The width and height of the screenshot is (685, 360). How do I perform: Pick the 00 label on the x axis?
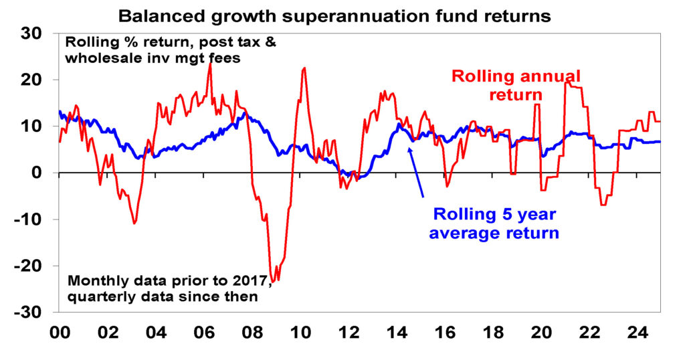59,333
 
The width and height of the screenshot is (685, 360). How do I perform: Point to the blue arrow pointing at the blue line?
416,171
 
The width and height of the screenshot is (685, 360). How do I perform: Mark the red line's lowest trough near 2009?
273,282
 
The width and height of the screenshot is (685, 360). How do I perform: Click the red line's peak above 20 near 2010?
304,68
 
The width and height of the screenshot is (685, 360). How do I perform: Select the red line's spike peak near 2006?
210,64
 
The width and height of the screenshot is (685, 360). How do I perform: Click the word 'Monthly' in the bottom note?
93,281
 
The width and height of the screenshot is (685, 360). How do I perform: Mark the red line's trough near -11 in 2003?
134,223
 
